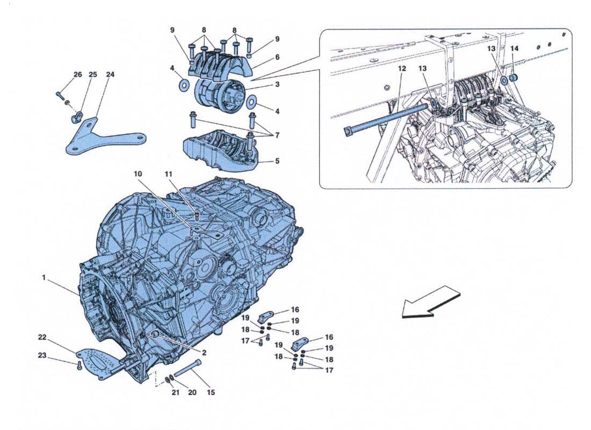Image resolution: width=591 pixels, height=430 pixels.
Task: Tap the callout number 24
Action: [x=110, y=75]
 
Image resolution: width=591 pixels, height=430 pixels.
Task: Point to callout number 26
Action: [x=78, y=75]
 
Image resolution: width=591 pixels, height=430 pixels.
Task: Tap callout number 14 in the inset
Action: [x=515, y=49]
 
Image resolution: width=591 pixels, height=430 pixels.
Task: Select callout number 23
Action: [x=42, y=355]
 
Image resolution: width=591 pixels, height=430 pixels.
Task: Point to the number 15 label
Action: [x=211, y=393]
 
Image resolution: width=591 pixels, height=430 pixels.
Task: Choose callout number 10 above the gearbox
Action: [x=138, y=174]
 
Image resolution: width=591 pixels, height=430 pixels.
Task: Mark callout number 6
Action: [x=277, y=57]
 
